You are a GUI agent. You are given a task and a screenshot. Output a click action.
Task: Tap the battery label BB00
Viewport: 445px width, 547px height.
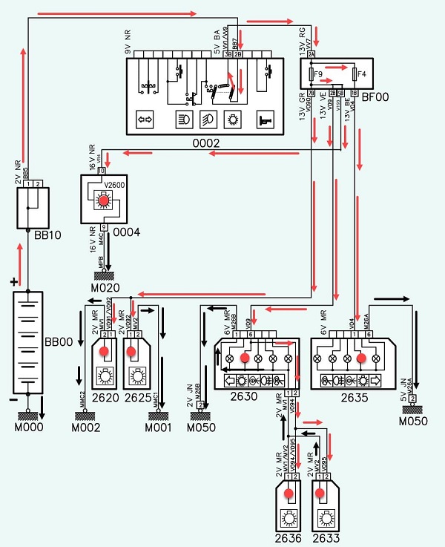[x=58, y=342]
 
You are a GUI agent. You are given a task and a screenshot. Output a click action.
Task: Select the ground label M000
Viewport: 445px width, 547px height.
[x=28, y=427]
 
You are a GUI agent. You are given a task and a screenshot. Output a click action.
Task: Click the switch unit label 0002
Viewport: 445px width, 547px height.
[x=207, y=143]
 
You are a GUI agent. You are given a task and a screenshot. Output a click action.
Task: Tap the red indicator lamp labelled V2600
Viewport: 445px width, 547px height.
[x=104, y=201]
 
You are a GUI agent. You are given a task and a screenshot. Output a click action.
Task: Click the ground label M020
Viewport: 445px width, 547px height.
[x=104, y=288]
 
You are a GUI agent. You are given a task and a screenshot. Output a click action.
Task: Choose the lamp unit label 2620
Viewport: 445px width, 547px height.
[x=105, y=396]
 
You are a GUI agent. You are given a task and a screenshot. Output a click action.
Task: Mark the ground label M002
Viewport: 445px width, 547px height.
[x=85, y=428]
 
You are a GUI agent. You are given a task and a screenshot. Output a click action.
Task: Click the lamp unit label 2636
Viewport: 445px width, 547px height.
[x=289, y=537]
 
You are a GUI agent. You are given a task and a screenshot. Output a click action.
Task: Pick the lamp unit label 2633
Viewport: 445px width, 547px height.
[x=324, y=537]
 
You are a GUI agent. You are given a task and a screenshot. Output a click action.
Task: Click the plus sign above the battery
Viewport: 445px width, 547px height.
[x=13, y=283]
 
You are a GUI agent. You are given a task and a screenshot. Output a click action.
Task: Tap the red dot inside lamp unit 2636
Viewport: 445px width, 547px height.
[x=289, y=493]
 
